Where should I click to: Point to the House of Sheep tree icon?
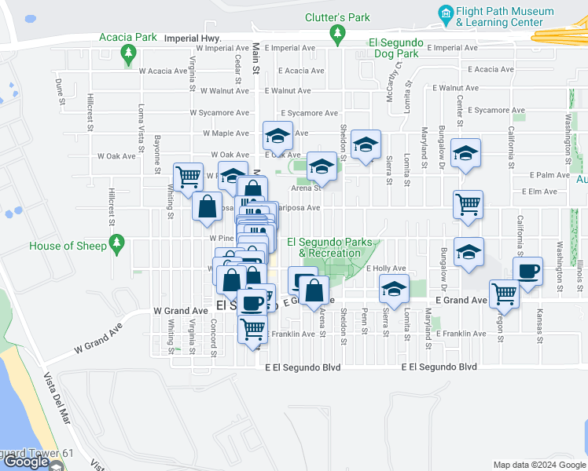pyautogui.click(x=117, y=245)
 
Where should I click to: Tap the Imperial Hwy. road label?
pyautogui.click(x=193, y=37)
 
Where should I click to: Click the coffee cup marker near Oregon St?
pyautogui.click(x=527, y=272)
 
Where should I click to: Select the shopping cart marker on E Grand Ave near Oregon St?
pyautogui.click(x=504, y=294)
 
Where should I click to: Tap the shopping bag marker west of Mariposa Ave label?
pyautogui.click(x=208, y=206)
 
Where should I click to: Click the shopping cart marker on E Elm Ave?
pyautogui.click(x=468, y=204)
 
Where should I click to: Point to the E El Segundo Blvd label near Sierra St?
pyautogui.click(x=439, y=367)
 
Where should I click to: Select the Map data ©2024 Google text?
pyautogui.click(x=539, y=465)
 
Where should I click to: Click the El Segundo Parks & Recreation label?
pyautogui.click(x=323, y=247)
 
